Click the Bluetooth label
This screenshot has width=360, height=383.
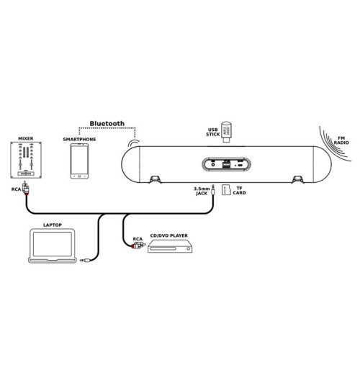[x=107, y=124]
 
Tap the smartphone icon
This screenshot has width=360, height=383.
[x=79, y=161]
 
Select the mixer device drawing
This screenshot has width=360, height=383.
[x=26, y=161]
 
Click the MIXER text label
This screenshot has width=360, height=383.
[x=26, y=138]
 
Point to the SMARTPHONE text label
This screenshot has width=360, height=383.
[x=79, y=139]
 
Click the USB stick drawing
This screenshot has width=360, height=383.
[x=226, y=132]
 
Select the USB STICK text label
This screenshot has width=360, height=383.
[x=212, y=132]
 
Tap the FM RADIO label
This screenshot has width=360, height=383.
[x=341, y=140]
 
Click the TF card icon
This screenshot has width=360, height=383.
[x=226, y=190]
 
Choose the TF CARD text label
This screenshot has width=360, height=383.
[x=239, y=191]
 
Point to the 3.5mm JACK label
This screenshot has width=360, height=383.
[x=202, y=191]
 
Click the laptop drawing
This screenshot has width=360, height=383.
[x=53, y=245]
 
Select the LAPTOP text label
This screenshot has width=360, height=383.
[x=53, y=225]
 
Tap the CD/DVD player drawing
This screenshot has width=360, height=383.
[x=170, y=246]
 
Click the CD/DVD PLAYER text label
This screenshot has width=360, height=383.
[x=169, y=235]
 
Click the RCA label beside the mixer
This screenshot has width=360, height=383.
[x=16, y=189]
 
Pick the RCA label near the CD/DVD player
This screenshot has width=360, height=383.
[x=138, y=239]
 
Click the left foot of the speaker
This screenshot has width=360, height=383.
[x=155, y=179]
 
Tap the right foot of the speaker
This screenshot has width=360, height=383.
[x=298, y=179]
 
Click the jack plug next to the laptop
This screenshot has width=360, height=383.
[x=85, y=261]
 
